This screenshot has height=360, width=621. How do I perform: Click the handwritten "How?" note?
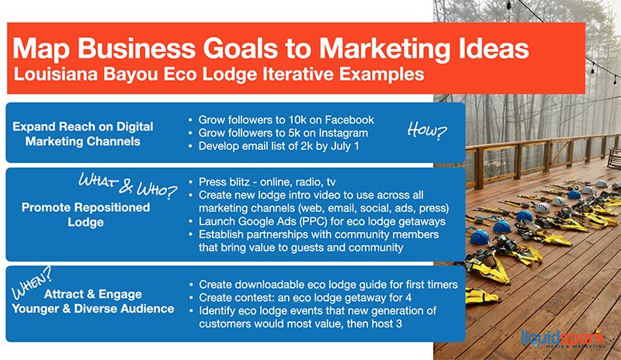coord(427,130)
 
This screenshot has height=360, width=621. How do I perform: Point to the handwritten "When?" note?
coord(32,282)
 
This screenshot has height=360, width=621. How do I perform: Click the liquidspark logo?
coord(564,337)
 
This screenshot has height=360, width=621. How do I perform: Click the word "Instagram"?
coord(343,133)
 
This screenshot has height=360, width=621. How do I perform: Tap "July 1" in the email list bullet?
coord(345,146)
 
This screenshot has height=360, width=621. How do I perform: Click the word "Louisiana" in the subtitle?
coord(55,74)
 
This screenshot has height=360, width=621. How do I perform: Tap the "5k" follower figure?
coord(293,133)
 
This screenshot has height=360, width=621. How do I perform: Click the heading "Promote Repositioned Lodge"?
coord(85,215)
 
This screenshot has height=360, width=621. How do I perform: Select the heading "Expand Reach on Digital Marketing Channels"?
coord(83,134)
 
